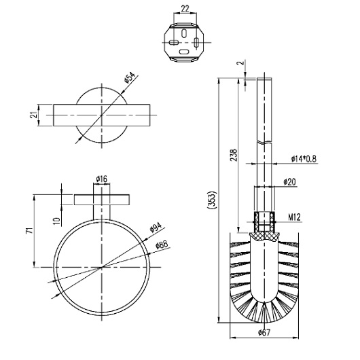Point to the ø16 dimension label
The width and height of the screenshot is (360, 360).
103,179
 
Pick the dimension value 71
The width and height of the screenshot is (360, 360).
26,232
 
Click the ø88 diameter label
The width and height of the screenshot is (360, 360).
161,245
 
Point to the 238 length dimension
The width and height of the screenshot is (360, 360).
233,158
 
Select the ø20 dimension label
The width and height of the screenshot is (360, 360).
291,182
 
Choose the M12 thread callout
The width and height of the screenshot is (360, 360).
293,218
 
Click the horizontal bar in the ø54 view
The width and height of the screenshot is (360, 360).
102,115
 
